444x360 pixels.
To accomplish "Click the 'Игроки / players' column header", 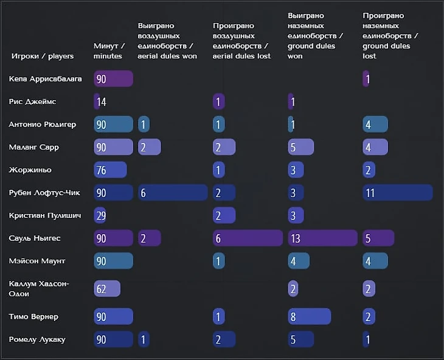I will tap(43, 56).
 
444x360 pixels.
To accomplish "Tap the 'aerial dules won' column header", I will tap(167, 41).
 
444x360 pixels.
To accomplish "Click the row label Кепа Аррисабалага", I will tap(45, 79).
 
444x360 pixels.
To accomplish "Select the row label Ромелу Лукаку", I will tap(37, 339).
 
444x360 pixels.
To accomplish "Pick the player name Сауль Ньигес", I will tap(35, 238).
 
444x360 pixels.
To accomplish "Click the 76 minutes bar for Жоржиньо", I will tap(110, 170).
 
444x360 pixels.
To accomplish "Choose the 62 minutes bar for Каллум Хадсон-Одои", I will tap(107, 289).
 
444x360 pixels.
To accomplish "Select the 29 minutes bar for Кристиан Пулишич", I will tap(100, 215).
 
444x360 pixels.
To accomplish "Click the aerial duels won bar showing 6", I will tap(173, 193).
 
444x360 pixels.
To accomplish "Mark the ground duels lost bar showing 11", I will tap(397, 193).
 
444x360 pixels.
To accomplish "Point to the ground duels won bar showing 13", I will tap(322, 238).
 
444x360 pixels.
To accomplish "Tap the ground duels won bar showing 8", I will tap(309, 317).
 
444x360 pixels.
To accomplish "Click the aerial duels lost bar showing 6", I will tap(248, 238).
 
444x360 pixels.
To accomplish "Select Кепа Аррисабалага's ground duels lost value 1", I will tap(366, 79).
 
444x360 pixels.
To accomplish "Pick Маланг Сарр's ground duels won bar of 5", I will tap(300, 147).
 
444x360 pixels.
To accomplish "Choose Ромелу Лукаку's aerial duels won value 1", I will tap(144, 339).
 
